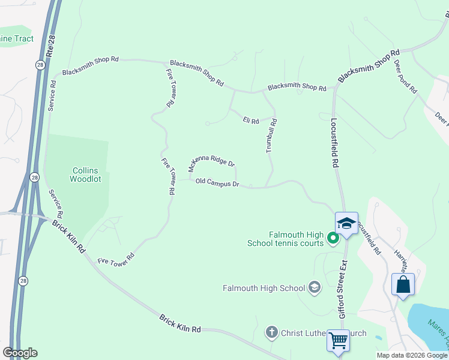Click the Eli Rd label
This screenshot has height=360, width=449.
click(x=251, y=121)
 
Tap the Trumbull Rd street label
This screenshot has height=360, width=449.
click(x=272, y=136)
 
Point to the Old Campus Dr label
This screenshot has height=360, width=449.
click(x=217, y=182)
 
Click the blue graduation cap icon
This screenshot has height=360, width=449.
click(x=346, y=224)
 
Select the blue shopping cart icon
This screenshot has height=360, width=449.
click(x=338, y=340)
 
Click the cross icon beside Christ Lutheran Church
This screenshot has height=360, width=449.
click(x=271, y=332)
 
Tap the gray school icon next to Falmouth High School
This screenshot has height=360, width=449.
click(x=313, y=287)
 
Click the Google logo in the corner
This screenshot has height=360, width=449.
click(x=20, y=353)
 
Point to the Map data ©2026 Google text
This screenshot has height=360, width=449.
click(x=412, y=355)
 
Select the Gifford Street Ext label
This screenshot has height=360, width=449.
click(x=343, y=289)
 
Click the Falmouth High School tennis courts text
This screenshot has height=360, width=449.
click(x=285, y=239)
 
